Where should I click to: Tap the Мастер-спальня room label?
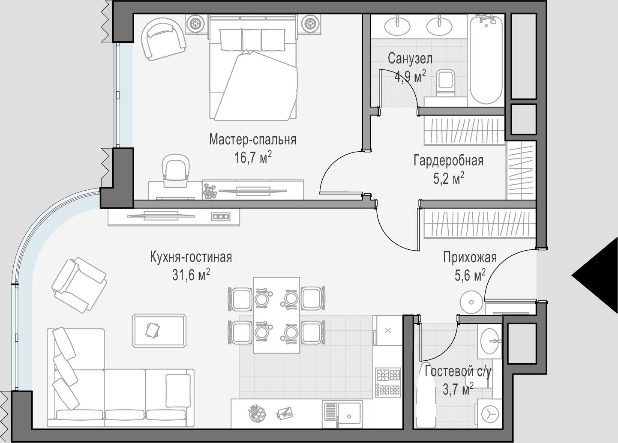253,139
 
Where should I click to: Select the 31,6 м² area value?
191,275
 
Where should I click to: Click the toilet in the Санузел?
446,83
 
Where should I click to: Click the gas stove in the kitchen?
388,382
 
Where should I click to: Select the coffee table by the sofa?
159,330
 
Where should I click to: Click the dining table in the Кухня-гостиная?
276,315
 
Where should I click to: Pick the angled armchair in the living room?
79,285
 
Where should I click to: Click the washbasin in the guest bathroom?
490,341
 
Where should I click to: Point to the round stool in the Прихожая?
471,302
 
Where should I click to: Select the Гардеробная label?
449,161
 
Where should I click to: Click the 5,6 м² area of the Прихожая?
470,275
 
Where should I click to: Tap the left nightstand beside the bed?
196,24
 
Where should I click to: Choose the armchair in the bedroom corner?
163,39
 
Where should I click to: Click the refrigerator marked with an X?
387,330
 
